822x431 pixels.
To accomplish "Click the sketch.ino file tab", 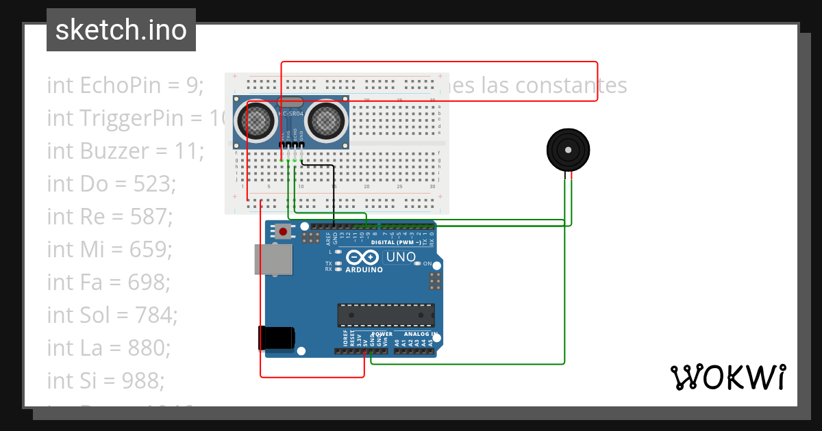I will (121, 30).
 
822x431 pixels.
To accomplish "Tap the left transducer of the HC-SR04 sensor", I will (256, 121).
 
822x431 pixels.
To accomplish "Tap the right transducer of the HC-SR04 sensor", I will (325, 121).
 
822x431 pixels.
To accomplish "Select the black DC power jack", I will (276, 337).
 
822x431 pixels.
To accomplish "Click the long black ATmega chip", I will (386, 315).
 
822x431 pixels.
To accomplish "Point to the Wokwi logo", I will (727, 377).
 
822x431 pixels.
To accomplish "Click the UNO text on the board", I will (401, 257).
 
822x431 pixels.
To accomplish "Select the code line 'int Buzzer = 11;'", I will (125, 151).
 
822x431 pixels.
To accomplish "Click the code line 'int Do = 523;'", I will (112, 183).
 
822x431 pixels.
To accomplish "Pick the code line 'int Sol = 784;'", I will (112, 315).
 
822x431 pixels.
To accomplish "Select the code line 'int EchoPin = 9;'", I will (125, 86).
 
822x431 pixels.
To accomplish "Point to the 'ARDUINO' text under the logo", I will (364, 270).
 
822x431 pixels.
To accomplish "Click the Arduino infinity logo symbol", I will (363, 257).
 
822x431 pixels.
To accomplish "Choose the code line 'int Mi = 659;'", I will (110, 249).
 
